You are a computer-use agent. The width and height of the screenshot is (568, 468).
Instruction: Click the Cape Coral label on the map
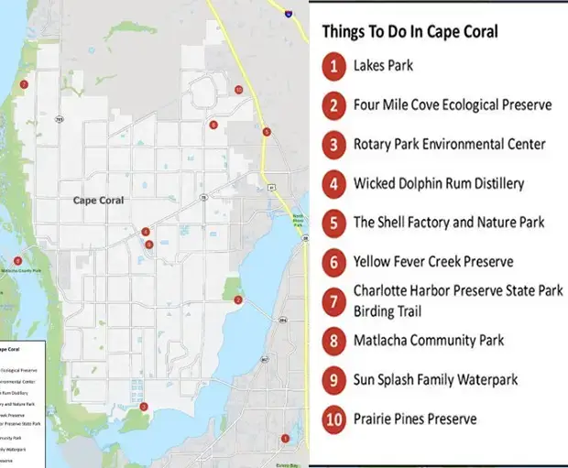98,200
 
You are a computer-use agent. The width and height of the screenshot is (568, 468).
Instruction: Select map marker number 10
238,90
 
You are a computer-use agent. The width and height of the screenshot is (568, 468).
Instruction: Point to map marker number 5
266,132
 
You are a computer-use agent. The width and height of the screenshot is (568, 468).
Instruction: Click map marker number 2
238,299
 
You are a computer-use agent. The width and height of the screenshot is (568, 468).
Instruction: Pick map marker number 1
285,439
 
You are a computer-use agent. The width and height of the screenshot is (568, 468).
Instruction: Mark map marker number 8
17,260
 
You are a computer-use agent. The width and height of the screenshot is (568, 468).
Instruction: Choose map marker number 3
143,407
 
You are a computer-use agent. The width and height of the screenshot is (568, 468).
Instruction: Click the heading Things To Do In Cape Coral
410,32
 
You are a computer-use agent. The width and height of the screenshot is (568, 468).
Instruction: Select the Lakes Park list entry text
383,66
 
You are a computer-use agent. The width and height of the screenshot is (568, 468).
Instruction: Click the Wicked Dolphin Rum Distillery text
439,183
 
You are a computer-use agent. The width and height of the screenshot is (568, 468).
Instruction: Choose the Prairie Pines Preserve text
415,419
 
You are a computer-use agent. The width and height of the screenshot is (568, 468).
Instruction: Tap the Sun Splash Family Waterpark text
435,379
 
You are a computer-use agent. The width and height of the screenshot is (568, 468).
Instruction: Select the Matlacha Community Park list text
429,341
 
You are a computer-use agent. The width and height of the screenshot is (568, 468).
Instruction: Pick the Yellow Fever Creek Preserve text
433,262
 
